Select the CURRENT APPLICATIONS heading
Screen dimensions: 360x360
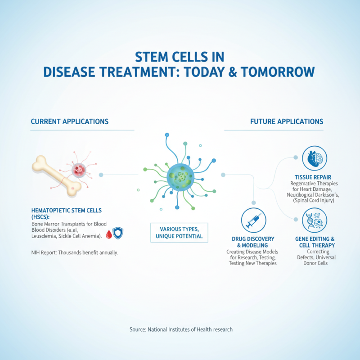pos(69,121)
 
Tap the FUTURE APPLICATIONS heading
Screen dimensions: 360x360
pos(287,121)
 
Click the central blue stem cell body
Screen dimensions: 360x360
pos(180,175)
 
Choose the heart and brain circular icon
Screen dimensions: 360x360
pos(314,158)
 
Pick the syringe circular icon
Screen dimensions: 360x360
pos(254,220)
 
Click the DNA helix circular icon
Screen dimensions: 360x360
pos(314,220)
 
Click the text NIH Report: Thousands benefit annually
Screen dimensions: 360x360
pos(74,252)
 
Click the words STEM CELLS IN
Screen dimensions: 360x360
pos(180,56)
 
